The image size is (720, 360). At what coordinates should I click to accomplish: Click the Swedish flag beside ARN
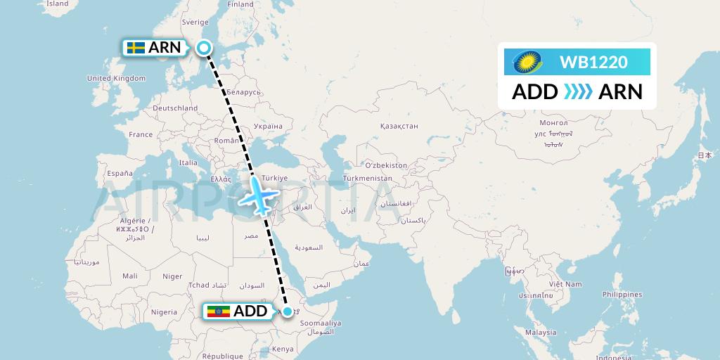tap(136, 48)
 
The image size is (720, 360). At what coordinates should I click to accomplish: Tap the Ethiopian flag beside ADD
tap(218, 311)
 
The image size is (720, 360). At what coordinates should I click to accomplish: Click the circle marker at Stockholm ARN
tap(204, 48)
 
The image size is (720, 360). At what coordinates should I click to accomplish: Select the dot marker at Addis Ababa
tap(287, 311)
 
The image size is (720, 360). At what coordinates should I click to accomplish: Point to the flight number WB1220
tap(593, 63)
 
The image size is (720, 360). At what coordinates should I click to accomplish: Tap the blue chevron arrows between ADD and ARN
tap(577, 92)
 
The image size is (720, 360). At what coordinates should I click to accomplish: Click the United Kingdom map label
tap(116, 79)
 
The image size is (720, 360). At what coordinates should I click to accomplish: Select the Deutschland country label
tap(175, 108)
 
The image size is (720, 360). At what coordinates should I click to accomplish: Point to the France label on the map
tap(141, 134)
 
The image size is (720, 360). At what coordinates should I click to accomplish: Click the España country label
tap(119, 173)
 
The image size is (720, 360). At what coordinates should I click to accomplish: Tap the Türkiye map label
tap(274, 179)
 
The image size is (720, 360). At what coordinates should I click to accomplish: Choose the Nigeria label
tap(164, 312)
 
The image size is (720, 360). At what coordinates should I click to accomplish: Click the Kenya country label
tap(283, 349)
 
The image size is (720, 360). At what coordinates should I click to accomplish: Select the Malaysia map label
tap(542, 332)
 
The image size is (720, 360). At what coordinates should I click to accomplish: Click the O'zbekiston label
tap(385, 165)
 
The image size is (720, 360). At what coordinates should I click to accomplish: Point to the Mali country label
tap(129, 276)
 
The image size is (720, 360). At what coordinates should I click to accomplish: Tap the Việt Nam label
tap(565, 284)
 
